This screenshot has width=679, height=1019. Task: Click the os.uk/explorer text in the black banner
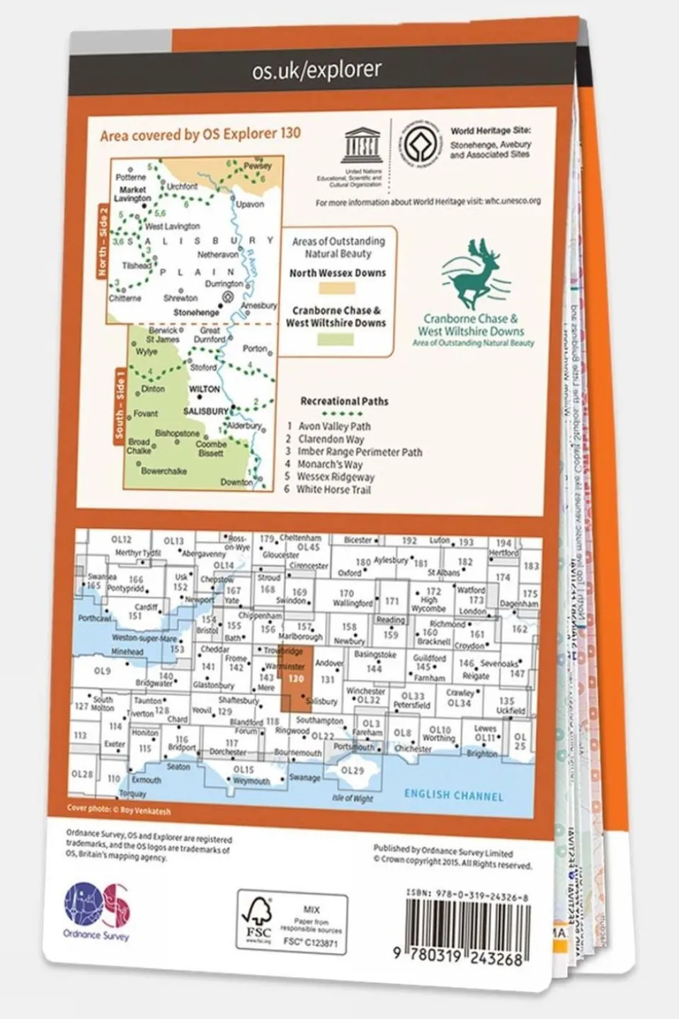tap(316, 70)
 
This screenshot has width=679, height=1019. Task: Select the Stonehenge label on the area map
tap(196, 312)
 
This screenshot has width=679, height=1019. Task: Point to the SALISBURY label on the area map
tap(205, 411)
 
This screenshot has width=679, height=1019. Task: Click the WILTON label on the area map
tap(204, 389)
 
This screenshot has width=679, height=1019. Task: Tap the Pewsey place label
tap(258, 166)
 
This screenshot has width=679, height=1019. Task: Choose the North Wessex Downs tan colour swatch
tap(337, 288)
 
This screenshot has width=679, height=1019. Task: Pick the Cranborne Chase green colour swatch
tap(336, 338)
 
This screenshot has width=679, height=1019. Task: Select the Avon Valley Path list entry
tap(333, 426)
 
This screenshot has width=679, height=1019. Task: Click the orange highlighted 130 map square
tap(295, 680)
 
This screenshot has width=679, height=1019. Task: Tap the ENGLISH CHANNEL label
tap(453, 795)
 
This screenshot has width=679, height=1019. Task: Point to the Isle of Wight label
tap(353, 799)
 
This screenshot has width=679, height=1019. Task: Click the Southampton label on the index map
tap(320, 720)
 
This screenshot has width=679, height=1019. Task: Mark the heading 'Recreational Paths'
tap(344, 401)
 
